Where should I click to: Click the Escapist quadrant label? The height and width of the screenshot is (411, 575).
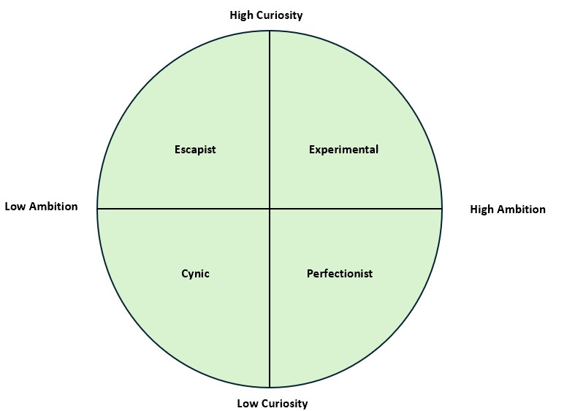195,150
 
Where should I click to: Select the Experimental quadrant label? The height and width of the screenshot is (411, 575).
343,150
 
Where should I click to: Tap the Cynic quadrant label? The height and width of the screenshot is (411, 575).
195,274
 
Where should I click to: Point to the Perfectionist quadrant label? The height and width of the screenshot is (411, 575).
339,274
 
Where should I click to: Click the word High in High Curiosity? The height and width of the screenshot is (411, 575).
243,15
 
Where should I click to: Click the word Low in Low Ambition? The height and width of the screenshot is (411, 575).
16,207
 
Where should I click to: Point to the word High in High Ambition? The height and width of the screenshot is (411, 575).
483,210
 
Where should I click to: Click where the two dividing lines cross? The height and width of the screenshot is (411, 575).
270,209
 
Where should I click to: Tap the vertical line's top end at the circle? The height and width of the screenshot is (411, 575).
270,31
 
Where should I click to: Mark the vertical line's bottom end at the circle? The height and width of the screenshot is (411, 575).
270,387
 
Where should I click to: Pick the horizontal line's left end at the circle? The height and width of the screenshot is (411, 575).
98,209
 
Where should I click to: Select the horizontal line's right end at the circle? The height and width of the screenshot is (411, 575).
441,209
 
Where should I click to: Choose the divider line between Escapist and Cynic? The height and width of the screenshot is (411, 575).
183,209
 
